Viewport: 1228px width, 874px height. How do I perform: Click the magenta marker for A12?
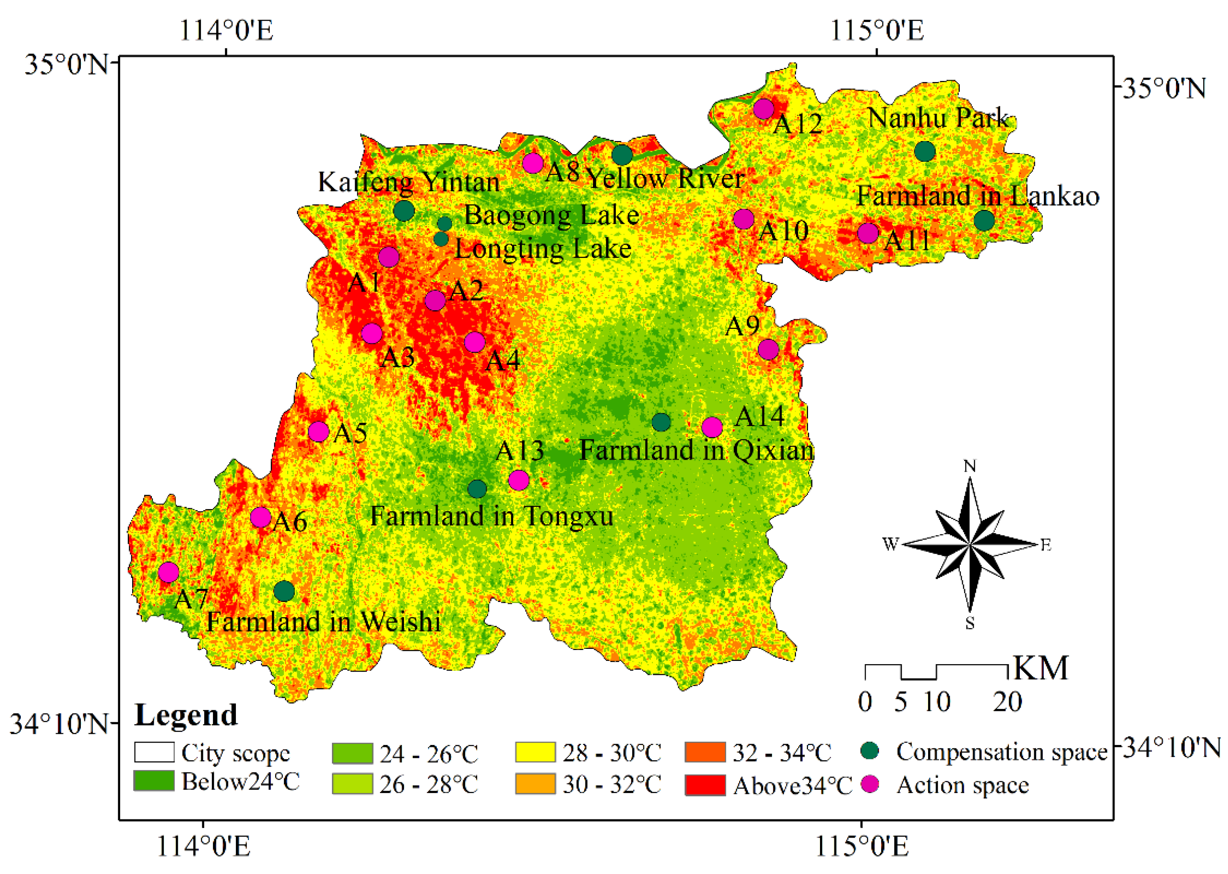(763, 109)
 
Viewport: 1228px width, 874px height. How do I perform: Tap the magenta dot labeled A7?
(168, 572)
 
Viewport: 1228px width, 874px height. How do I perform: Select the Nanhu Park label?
(938, 118)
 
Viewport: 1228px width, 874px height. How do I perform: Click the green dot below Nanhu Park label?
(925, 152)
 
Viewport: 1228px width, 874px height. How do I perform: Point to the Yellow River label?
(665, 179)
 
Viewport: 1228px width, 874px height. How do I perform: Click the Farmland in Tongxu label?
(491, 517)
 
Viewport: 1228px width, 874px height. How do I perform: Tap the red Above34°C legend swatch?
(705, 785)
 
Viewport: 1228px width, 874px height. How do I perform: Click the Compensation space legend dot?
(870, 751)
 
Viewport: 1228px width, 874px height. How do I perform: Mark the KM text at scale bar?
(1040, 669)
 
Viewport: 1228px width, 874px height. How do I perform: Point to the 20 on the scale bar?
(1007, 702)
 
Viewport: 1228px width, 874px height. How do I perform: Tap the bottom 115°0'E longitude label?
(862, 846)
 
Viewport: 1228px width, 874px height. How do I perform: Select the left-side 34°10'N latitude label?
(59, 724)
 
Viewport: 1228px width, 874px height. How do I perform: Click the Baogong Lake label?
(551, 215)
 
